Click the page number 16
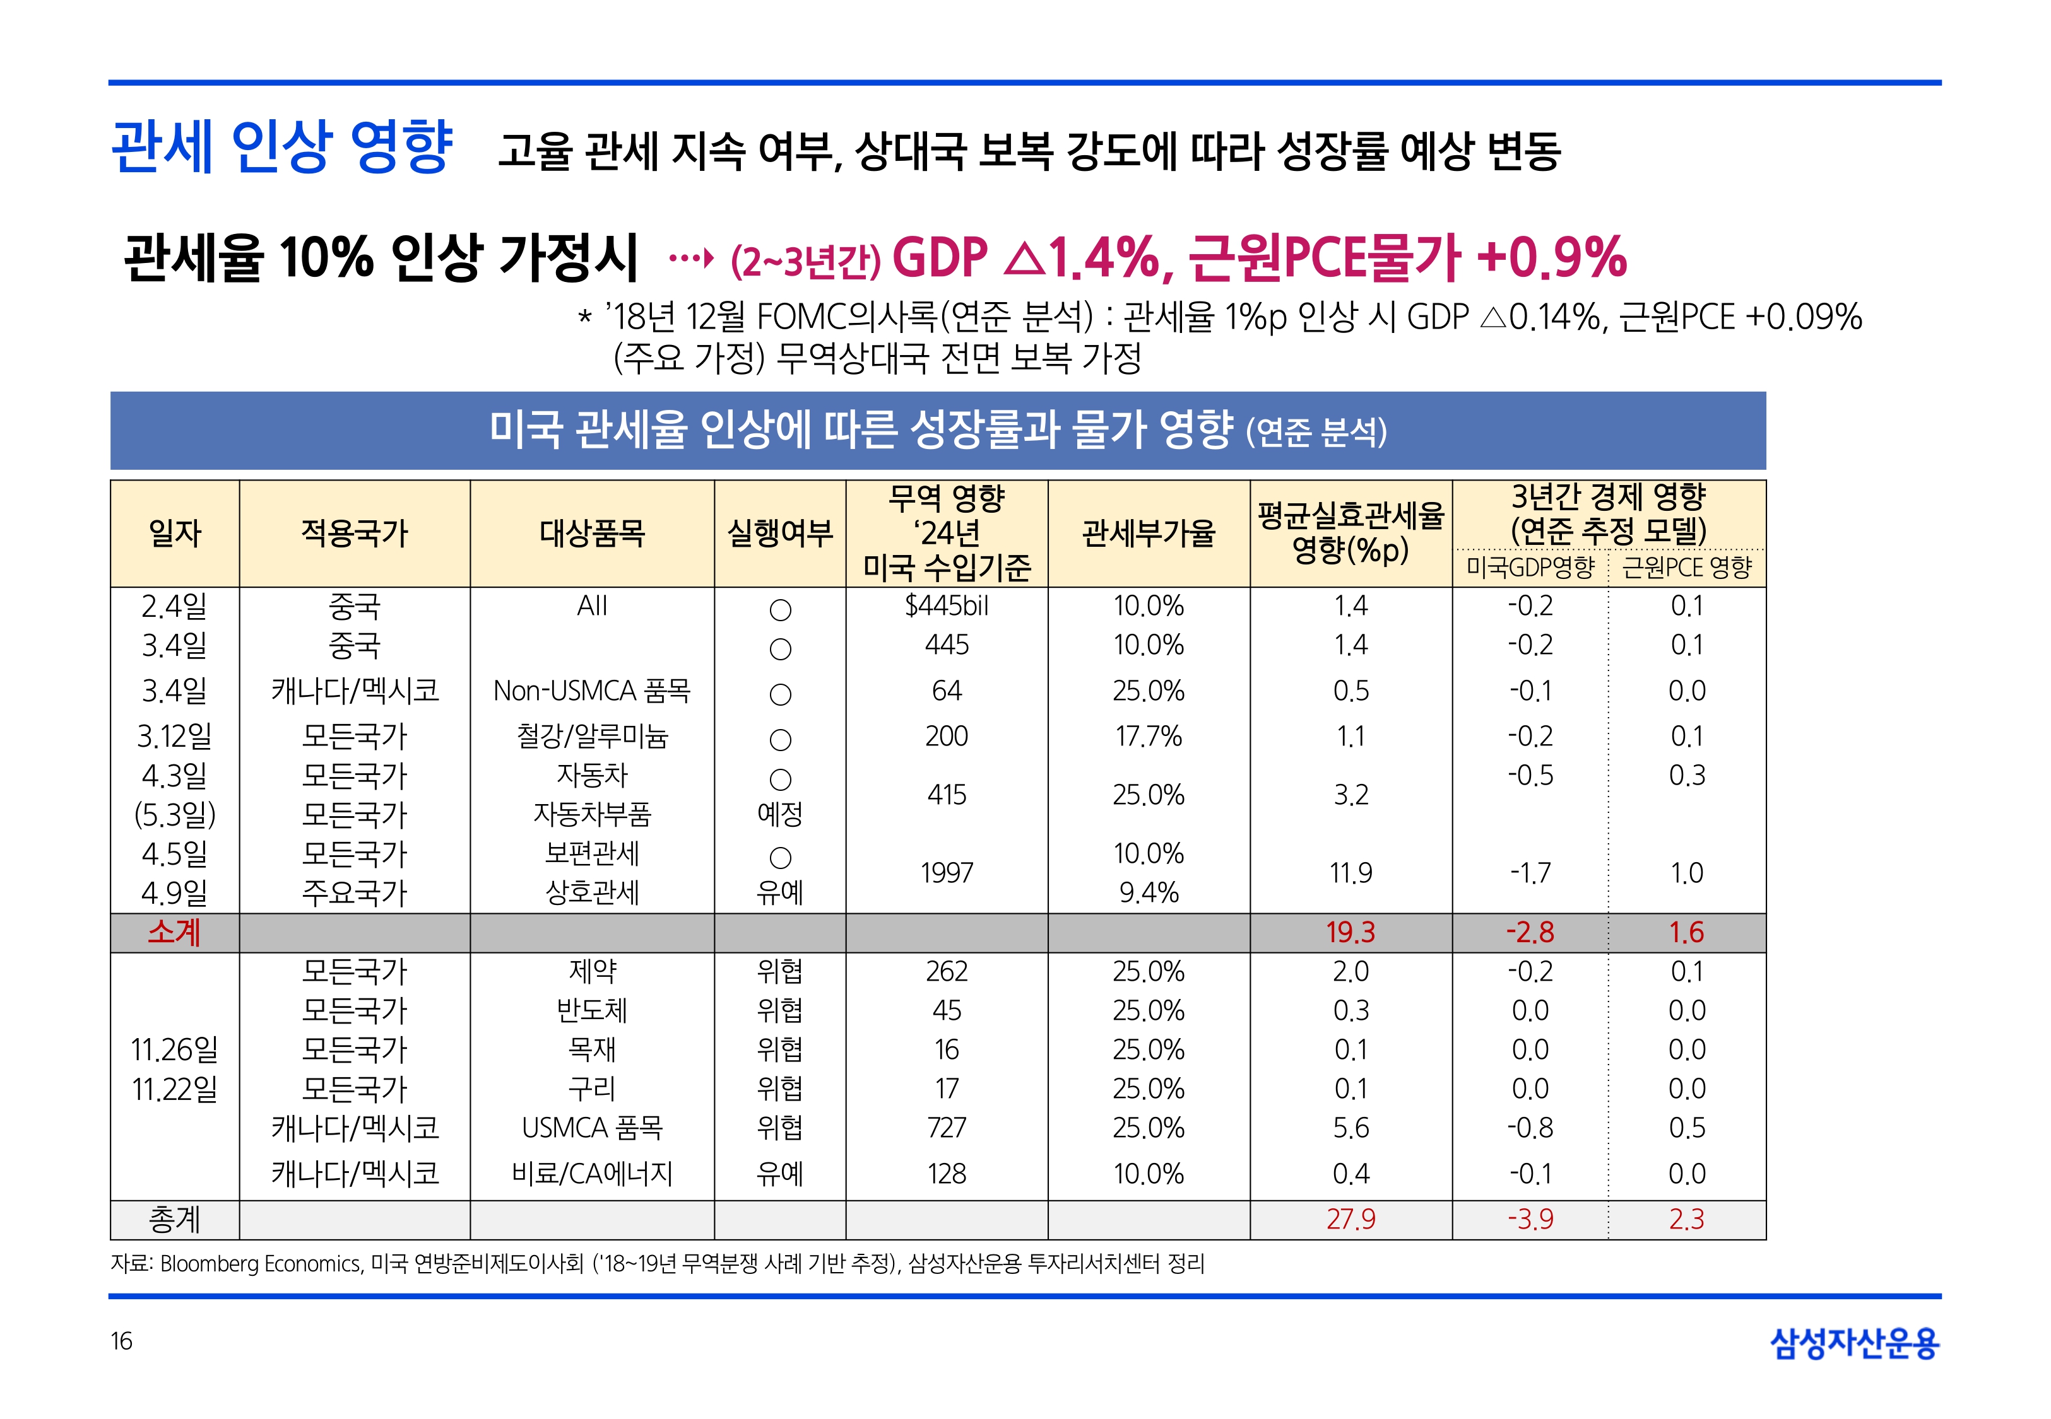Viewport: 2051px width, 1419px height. (x=121, y=1341)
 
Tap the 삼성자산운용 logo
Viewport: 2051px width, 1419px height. (x=1855, y=1343)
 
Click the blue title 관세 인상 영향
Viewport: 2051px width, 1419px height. (x=283, y=147)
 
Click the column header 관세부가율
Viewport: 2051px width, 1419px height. (x=1148, y=534)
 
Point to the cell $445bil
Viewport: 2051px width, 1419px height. (x=947, y=606)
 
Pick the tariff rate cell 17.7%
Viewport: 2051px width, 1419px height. (x=1148, y=736)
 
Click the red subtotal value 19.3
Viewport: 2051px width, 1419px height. (x=1350, y=931)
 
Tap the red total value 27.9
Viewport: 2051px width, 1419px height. (x=1350, y=1219)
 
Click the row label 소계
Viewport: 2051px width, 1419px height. (x=174, y=931)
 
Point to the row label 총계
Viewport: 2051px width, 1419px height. (x=174, y=1219)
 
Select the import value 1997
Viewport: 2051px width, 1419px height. (x=947, y=873)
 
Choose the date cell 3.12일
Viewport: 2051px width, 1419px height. (x=174, y=736)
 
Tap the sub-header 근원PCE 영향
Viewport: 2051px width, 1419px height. (x=1686, y=567)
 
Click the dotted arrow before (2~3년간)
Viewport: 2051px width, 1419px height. (x=691, y=259)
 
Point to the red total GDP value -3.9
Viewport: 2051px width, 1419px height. (x=1530, y=1219)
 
